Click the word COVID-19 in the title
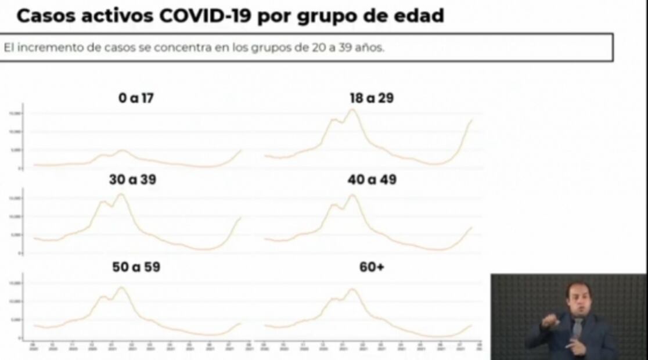[x=206, y=16]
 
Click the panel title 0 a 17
[x=136, y=98]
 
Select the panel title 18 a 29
[x=372, y=98]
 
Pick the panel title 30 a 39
[x=132, y=180]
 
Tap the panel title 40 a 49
[x=372, y=180]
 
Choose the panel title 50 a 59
[x=136, y=267]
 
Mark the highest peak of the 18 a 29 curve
[x=352, y=109]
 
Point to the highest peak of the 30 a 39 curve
[x=121, y=194]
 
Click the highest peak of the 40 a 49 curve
[x=352, y=195]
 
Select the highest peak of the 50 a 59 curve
[x=121, y=287]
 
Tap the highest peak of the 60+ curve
[x=352, y=289]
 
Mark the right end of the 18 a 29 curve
[x=471, y=120]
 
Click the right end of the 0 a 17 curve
[x=241, y=150]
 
